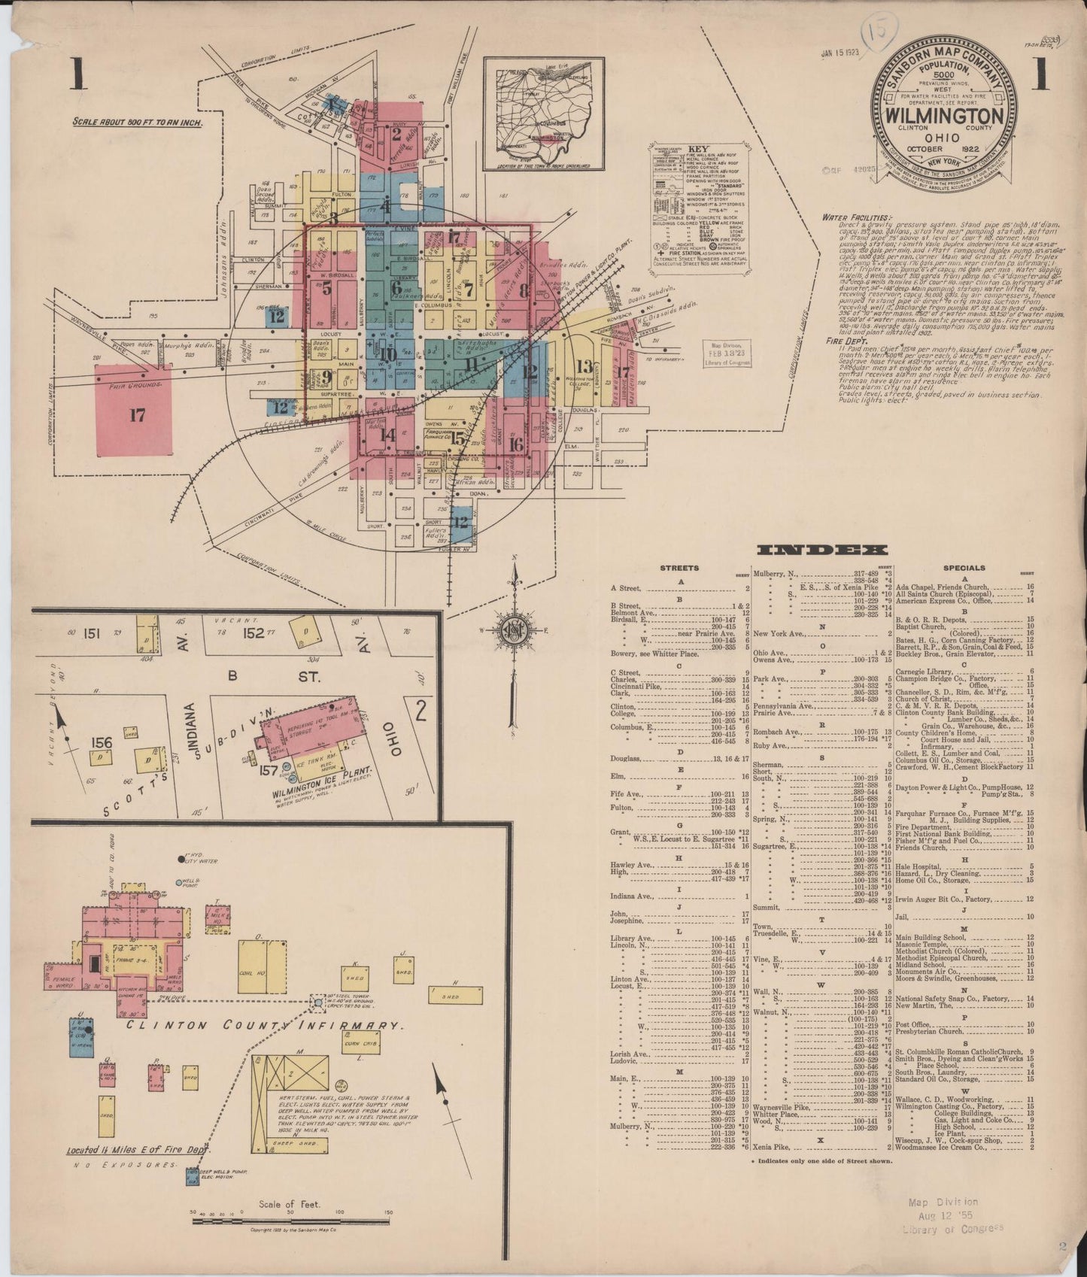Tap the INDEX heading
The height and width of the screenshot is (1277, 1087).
click(x=822, y=551)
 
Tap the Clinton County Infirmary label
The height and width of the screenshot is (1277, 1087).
click(x=259, y=1024)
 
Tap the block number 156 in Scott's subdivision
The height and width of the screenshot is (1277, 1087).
click(x=102, y=743)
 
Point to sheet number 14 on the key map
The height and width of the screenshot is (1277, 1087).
click(x=387, y=434)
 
